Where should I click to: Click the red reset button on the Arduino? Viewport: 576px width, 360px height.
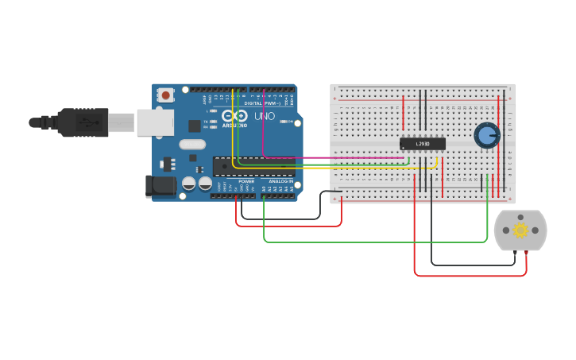click(165, 95)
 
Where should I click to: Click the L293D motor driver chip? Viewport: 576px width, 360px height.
click(422, 144)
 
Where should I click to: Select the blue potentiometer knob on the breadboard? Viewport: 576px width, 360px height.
click(486, 136)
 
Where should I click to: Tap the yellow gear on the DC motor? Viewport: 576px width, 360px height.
click(520, 230)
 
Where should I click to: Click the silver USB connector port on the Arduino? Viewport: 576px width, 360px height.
click(155, 122)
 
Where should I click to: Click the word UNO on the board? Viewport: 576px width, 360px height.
click(264, 116)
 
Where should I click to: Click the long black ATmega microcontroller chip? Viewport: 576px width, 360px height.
click(253, 165)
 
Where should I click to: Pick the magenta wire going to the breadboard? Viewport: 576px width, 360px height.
click(334, 157)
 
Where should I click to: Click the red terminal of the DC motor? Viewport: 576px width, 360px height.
click(526, 253)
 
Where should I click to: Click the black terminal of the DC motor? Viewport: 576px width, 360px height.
click(514, 253)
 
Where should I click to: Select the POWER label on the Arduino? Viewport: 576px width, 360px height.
click(246, 181)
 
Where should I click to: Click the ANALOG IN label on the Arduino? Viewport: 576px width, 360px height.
click(280, 181)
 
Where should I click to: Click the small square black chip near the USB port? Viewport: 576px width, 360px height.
click(194, 126)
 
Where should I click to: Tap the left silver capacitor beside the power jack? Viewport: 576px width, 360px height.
click(189, 184)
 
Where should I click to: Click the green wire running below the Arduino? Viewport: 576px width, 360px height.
click(373, 242)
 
